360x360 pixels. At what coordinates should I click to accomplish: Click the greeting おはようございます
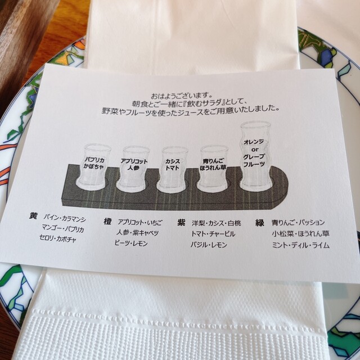[x=181, y=95]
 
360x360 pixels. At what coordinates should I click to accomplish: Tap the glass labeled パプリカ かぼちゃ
[x=93, y=167]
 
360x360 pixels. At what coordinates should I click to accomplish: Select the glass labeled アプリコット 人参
[x=133, y=168]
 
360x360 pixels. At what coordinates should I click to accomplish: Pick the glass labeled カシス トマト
[x=172, y=169]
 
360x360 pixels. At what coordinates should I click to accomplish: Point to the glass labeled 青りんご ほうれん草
[x=213, y=169]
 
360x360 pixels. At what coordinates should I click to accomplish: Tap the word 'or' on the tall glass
[x=255, y=150]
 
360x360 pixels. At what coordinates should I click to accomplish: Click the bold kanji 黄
[x=33, y=216]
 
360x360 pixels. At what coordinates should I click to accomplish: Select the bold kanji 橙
[x=107, y=222]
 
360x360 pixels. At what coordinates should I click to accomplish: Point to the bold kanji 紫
[x=181, y=222]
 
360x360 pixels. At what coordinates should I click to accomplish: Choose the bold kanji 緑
[x=260, y=223]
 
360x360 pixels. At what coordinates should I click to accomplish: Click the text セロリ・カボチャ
[x=58, y=238]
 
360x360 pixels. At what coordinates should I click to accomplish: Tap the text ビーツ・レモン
[x=132, y=244]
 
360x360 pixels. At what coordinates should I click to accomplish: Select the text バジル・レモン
[x=209, y=245]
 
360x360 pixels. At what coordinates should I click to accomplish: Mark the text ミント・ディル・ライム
[x=301, y=245]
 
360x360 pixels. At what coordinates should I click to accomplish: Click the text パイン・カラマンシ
[x=65, y=218]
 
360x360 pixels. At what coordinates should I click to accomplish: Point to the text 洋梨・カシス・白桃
[x=216, y=223]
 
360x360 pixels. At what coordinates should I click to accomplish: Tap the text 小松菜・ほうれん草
[x=301, y=234]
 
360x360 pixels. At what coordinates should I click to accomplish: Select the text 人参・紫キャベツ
[x=137, y=233]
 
